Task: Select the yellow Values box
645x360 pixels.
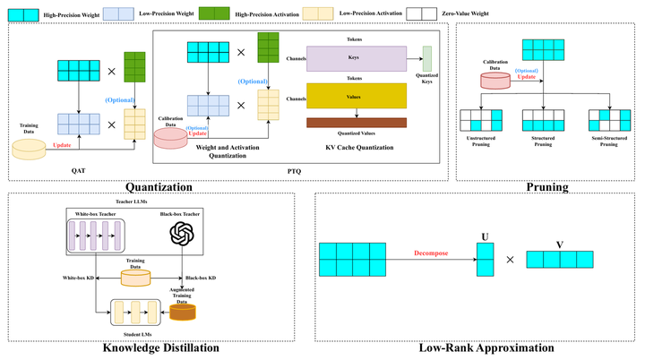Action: pyautogui.click(x=357, y=96)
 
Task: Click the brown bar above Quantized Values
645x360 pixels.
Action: pyautogui.click(x=357, y=122)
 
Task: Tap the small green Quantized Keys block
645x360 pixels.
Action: pyautogui.click(x=427, y=59)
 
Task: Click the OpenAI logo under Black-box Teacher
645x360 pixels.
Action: pyautogui.click(x=183, y=235)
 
